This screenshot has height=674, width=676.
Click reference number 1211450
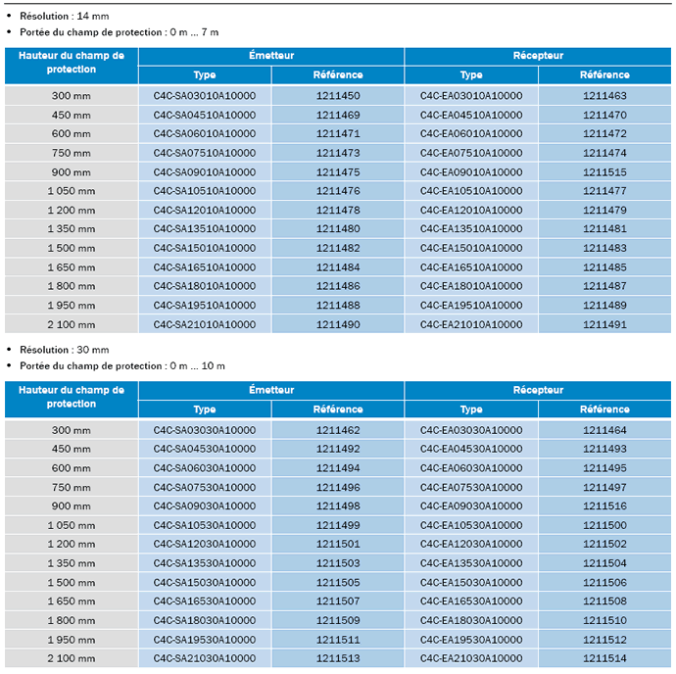pyautogui.click(x=338, y=96)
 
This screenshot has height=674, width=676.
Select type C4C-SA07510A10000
pyautogui.click(x=205, y=153)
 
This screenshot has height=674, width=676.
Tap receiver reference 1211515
pyautogui.click(x=604, y=172)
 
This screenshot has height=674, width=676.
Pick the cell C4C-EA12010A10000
pyautogui.click(x=471, y=210)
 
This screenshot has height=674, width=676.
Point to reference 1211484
pyautogui.click(x=338, y=267)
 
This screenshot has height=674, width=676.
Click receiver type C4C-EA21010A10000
pyautogui.click(x=471, y=324)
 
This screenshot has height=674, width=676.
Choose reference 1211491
pyautogui.click(x=604, y=324)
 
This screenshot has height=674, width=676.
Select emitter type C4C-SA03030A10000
pyautogui.click(x=205, y=430)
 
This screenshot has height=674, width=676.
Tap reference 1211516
pyautogui.click(x=604, y=505)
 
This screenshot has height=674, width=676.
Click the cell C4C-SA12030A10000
pyautogui.click(x=205, y=544)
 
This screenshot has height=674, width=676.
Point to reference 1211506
pyautogui.click(x=604, y=582)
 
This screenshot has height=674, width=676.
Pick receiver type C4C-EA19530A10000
pyautogui.click(x=471, y=640)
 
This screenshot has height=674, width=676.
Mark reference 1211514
pyautogui.click(x=604, y=658)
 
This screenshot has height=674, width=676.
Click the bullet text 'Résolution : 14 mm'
pyautogui.click(x=65, y=16)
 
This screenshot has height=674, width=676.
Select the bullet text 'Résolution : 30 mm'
pyautogui.click(x=65, y=350)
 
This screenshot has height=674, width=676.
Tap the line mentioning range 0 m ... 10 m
pyautogui.click(x=122, y=365)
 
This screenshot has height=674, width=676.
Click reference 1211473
pyautogui.click(x=338, y=153)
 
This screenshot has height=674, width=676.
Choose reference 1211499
pyautogui.click(x=338, y=525)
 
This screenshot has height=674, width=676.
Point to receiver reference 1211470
pyautogui.click(x=604, y=116)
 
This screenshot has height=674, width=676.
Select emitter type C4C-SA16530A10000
pyautogui.click(x=205, y=601)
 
